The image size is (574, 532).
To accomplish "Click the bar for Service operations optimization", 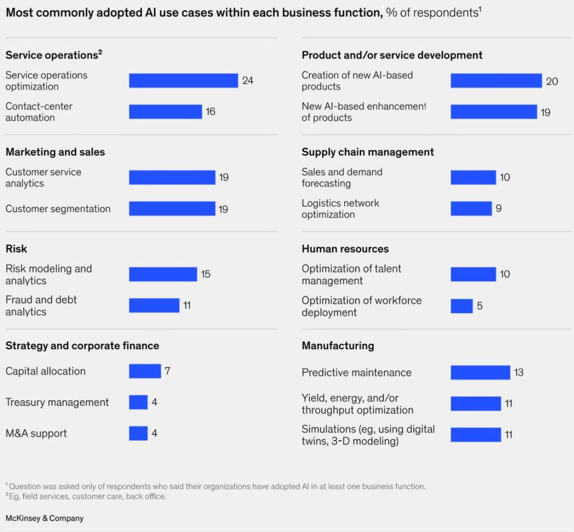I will click(x=183, y=81).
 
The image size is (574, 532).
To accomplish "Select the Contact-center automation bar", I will click(x=165, y=112).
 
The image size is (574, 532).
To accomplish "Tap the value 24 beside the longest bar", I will click(x=248, y=81).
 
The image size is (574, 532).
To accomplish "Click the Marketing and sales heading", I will click(x=55, y=152).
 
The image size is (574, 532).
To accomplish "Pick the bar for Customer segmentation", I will click(x=172, y=209).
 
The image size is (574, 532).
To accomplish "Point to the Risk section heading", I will click(x=16, y=249).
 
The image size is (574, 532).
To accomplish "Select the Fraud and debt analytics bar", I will click(x=154, y=306).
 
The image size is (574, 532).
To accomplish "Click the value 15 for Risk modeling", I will click(x=206, y=274).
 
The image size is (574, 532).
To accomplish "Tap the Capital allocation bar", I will click(x=145, y=371).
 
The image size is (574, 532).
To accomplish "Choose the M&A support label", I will click(x=36, y=433).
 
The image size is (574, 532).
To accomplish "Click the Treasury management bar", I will click(x=138, y=403).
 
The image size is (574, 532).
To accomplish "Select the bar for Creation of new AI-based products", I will click(x=496, y=81).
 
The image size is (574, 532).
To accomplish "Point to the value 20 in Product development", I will click(x=552, y=81).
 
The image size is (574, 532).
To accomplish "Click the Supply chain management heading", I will click(x=368, y=152).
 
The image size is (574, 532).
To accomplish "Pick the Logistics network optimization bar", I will click(x=471, y=209).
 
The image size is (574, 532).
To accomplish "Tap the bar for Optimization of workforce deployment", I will click(x=461, y=306).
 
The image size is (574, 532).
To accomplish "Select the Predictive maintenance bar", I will click(x=480, y=372).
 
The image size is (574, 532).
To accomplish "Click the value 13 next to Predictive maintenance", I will click(x=519, y=372).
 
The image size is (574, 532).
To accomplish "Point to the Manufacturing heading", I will click(x=337, y=346).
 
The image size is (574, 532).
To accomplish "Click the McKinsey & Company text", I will click(x=44, y=518).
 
